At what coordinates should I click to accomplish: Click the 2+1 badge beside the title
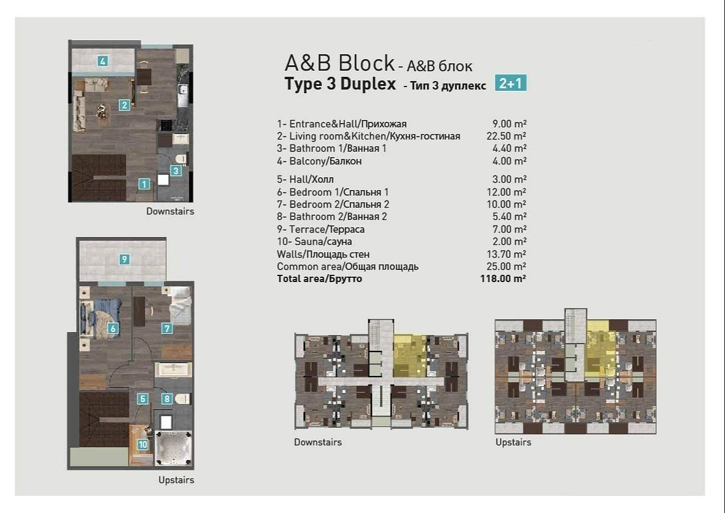click(510, 83)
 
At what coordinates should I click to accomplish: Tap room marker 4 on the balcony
click(103, 61)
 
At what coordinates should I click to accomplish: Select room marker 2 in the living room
click(124, 105)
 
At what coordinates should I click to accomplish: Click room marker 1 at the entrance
click(144, 183)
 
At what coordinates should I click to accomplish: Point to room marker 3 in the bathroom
click(176, 171)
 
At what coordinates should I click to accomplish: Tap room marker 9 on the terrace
click(124, 260)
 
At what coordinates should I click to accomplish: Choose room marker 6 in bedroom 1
click(113, 328)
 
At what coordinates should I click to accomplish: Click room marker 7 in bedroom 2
click(167, 328)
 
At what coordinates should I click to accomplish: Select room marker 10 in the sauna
click(142, 444)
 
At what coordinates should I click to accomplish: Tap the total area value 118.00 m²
click(503, 279)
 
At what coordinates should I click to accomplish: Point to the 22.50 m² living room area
click(510, 136)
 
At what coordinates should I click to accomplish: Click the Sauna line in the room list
click(315, 242)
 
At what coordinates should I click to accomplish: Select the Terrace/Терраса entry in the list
click(321, 229)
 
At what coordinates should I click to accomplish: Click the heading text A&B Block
click(340, 63)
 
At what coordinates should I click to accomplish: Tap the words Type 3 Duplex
click(340, 84)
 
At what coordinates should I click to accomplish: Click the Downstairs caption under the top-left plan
click(170, 211)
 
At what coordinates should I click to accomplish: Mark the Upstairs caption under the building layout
click(513, 442)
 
